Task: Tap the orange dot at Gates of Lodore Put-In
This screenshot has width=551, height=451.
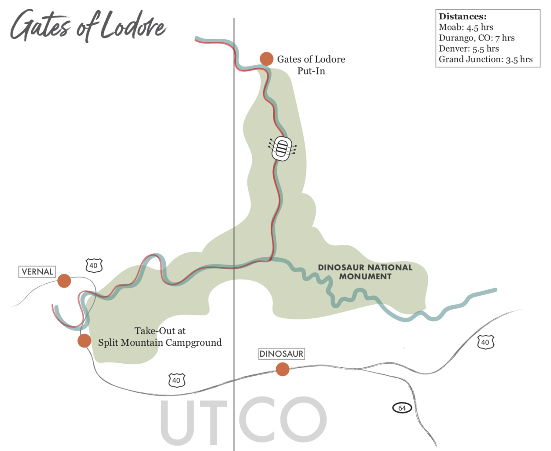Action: click(266, 59)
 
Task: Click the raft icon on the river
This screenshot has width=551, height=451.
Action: click(282, 148)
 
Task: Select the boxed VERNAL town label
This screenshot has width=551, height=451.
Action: click(37, 272)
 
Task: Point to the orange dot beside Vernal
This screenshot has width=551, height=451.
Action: click(64, 281)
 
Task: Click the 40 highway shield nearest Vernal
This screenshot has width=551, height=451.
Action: click(94, 266)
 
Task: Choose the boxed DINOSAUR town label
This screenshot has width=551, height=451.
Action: click(281, 354)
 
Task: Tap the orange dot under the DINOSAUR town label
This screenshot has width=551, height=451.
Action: click(283, 369)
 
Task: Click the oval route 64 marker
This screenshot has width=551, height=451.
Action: click(402, 408)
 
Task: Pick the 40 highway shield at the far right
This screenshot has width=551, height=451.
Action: click(485, 342)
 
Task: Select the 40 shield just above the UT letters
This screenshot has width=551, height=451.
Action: click(176, 380)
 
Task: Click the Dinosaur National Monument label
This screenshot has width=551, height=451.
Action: click(365, 272)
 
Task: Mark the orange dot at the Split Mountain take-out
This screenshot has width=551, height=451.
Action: click(84, 340)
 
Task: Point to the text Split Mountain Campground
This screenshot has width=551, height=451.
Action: click(160, 343)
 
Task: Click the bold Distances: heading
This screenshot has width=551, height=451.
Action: click(463, 17)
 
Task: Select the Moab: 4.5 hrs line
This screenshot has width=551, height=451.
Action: click(466, 27)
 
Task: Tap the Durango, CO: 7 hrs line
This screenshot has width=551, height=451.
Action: click(477, 38)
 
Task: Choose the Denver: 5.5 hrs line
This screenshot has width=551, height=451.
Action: click(469, 48)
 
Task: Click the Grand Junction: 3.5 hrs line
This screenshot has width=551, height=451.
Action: click(485, 59)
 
